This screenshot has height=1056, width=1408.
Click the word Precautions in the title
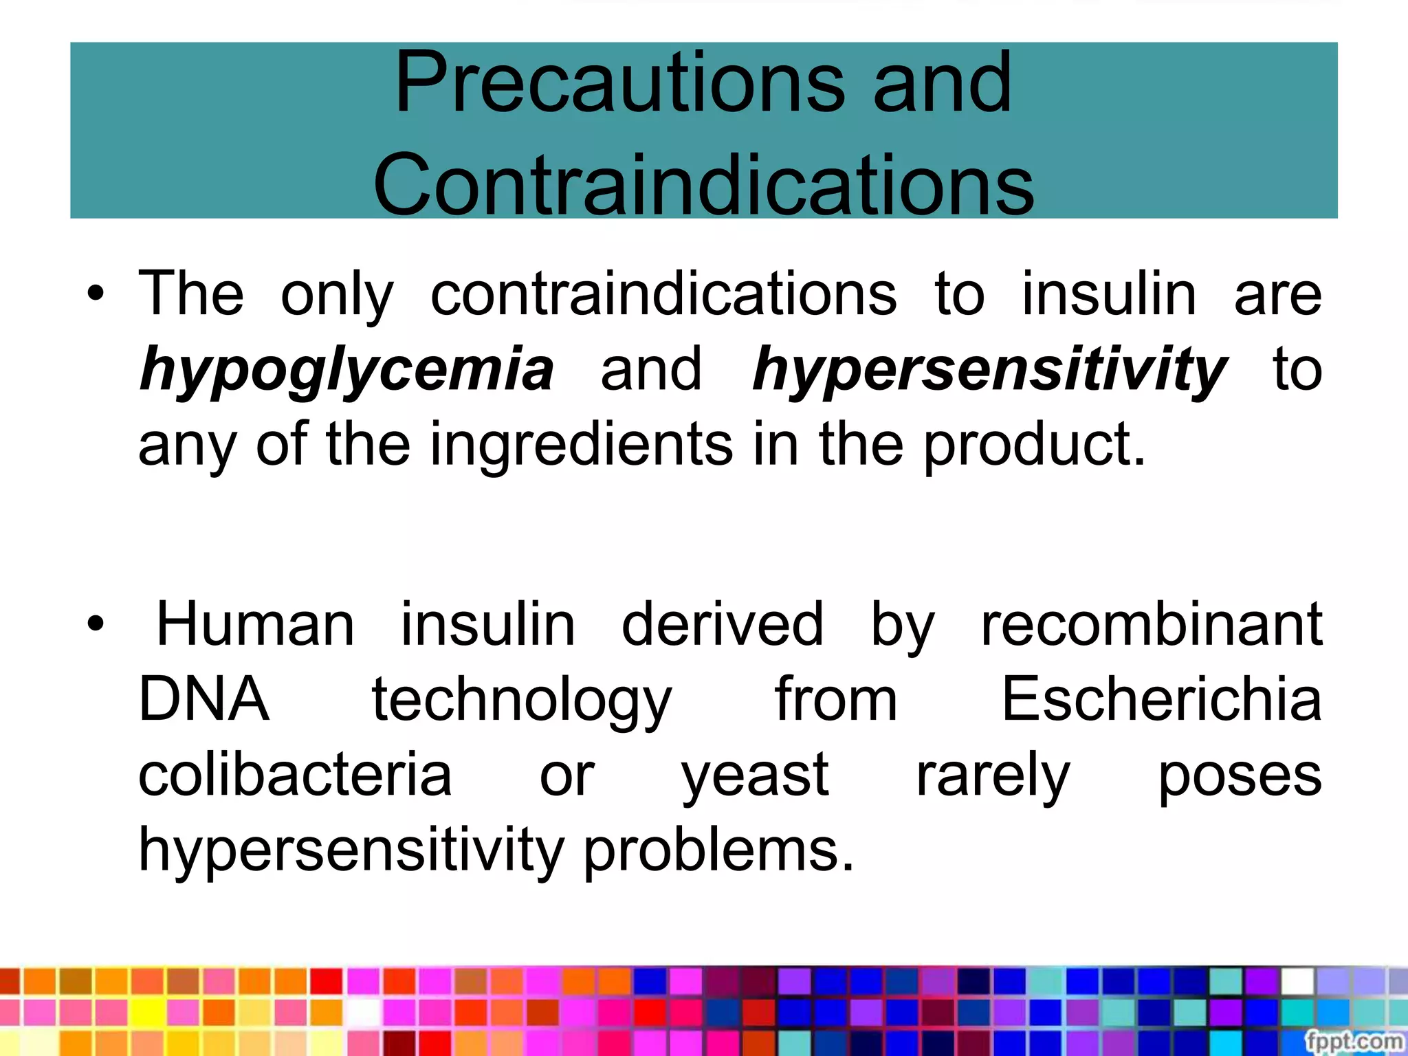[x=619, y=84]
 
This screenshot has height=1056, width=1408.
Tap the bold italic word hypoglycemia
[x=346, y=370]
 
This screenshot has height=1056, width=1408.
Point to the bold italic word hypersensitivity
[x=990, y=370]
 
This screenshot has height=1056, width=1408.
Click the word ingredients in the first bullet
[x=582, y=444]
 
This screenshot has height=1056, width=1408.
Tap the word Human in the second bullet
[x=255, y=624]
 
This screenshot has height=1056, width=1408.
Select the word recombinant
[x=1152, y=624]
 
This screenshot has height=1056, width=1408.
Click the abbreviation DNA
[x=204, y=699]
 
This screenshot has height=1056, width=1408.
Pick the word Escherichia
[x=1162, y=699]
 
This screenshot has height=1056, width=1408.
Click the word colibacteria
[x=295, y=774]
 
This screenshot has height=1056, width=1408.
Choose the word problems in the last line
[x=719, y=851]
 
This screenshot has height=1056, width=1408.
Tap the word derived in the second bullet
[x=722, y=624]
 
